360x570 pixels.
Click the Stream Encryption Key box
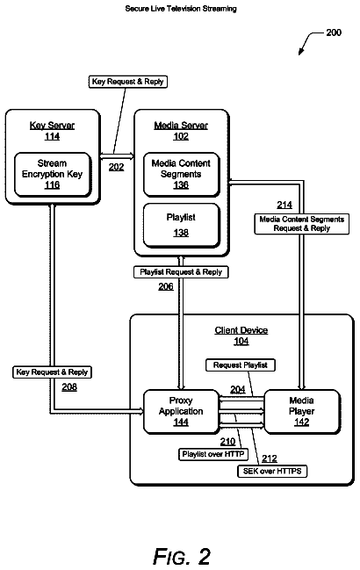click(53, 175)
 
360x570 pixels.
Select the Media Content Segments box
click(181, 175)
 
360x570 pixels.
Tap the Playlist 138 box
click(181, 226)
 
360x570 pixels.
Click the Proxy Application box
click(181, 412)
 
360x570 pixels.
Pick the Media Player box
click(302, 412)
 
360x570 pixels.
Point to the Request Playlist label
click(241, 365)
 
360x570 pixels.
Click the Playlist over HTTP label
click(213, 454)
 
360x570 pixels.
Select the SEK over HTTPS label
click(272, 471)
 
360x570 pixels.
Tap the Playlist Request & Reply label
click(181, 272)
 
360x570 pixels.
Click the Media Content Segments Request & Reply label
click(302, 224)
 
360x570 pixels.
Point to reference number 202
click(116, 167)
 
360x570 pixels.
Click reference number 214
click(284, 206)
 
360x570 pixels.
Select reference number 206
click(166, 287)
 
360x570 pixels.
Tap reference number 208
click(69, 387)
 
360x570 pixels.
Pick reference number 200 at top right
click(334, 32)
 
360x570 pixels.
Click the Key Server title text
click(53, 126)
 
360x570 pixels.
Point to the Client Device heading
click(241, 330)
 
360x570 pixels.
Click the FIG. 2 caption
click(182, 556)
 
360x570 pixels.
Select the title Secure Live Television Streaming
click(181, 9)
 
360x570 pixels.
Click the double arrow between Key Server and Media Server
click(117, 156)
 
